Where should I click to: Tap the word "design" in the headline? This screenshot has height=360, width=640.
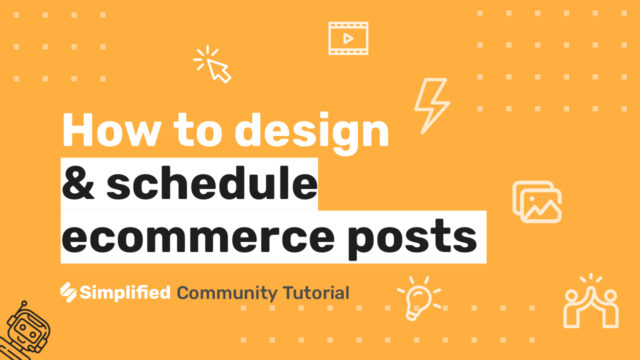(311, 133)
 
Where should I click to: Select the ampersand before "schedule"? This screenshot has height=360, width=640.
(77, 183)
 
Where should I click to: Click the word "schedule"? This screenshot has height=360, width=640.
(211, 182)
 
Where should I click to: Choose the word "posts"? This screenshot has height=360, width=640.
(412, 239)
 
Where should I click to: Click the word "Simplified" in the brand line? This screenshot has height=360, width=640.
(125, 293)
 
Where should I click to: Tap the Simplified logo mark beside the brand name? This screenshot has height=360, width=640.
(68, 292)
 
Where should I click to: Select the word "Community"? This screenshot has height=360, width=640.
(227, 293)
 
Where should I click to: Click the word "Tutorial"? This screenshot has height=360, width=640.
(316, 293)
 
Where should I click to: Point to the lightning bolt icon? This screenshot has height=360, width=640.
(432, 105)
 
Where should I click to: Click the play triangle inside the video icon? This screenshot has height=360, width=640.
(348, 38)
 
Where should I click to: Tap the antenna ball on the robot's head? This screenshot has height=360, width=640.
(24, 303)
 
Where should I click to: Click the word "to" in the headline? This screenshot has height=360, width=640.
(197, 130)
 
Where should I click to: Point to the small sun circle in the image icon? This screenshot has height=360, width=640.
(532, 199)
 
